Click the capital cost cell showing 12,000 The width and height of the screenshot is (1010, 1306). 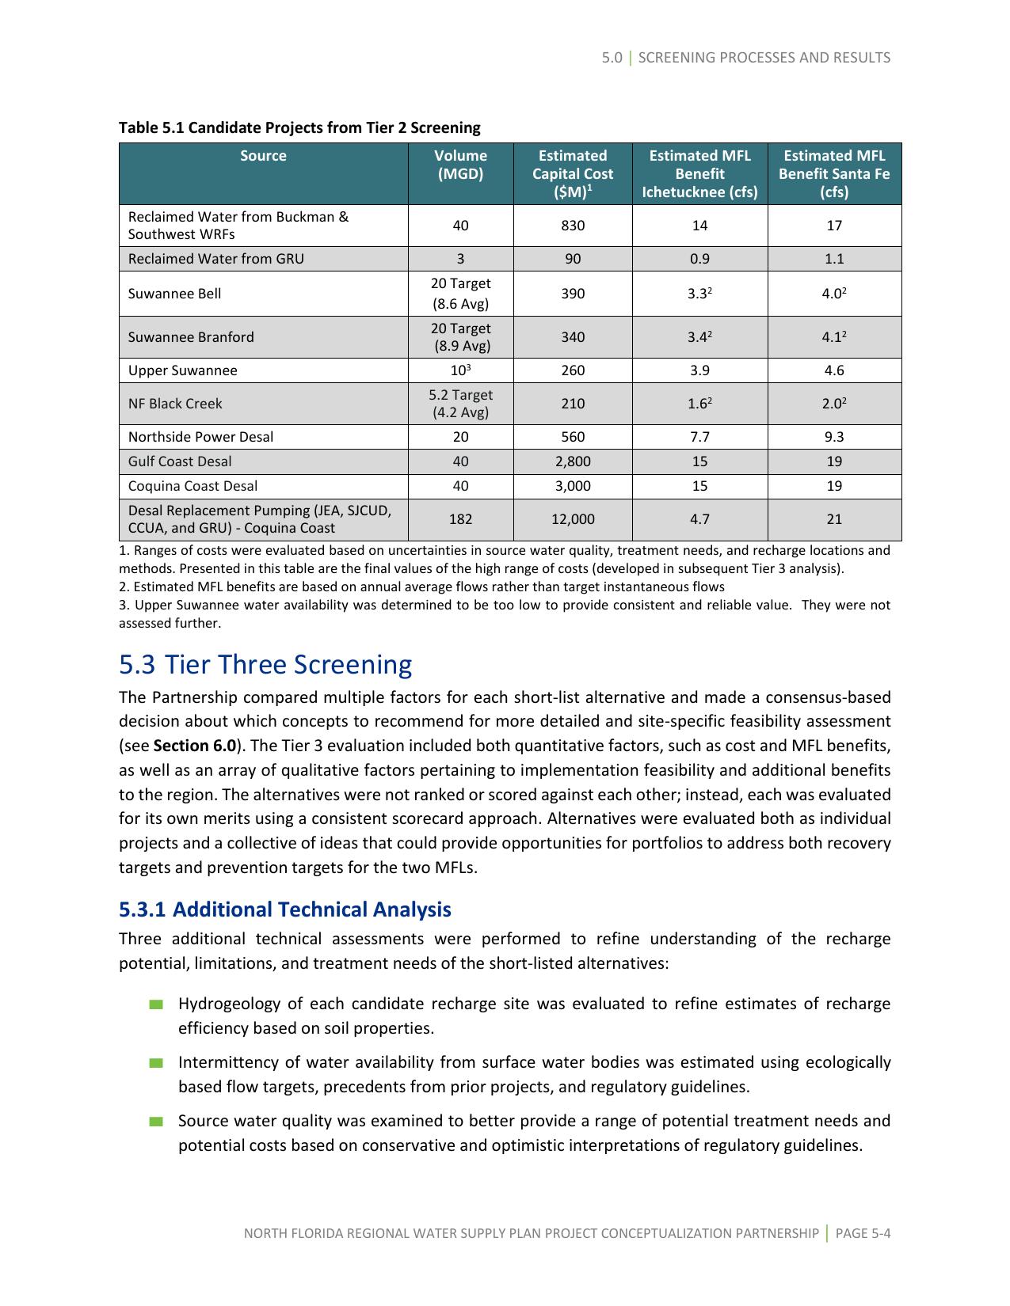[572, 519]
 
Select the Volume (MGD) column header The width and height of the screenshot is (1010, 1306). [460, 165]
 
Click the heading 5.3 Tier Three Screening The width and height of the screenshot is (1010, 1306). [265, 664]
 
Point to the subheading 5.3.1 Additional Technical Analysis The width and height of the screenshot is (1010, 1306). [284, 909]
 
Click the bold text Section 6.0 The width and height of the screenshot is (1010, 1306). [194, 746]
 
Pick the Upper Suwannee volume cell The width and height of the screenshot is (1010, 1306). [460, 370]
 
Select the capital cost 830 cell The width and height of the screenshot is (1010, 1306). [572, 226]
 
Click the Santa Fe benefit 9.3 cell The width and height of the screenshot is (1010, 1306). [833, 437]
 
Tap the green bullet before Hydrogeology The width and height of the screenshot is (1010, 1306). [156, 1004]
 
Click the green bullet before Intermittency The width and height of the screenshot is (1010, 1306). [156, 1063]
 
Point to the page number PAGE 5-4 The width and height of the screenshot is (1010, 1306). [863, 1233]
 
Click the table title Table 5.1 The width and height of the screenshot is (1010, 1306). [299, 127]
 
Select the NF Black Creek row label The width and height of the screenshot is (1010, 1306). [175, 404]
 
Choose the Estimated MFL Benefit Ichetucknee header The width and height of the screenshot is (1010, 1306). [699, 173]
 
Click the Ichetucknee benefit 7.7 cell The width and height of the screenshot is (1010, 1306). [699, 437]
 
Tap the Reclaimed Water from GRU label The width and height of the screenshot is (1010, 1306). [215, 259]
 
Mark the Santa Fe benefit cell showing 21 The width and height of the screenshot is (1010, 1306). [833, 519]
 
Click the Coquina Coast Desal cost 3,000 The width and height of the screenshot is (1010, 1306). [572, 486]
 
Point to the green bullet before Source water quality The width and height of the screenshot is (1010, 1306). [156, 1122]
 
